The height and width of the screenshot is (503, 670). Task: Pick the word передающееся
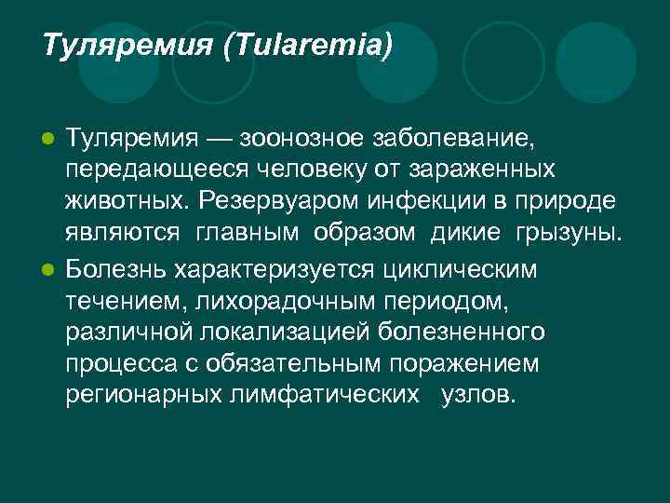point(147,172)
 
